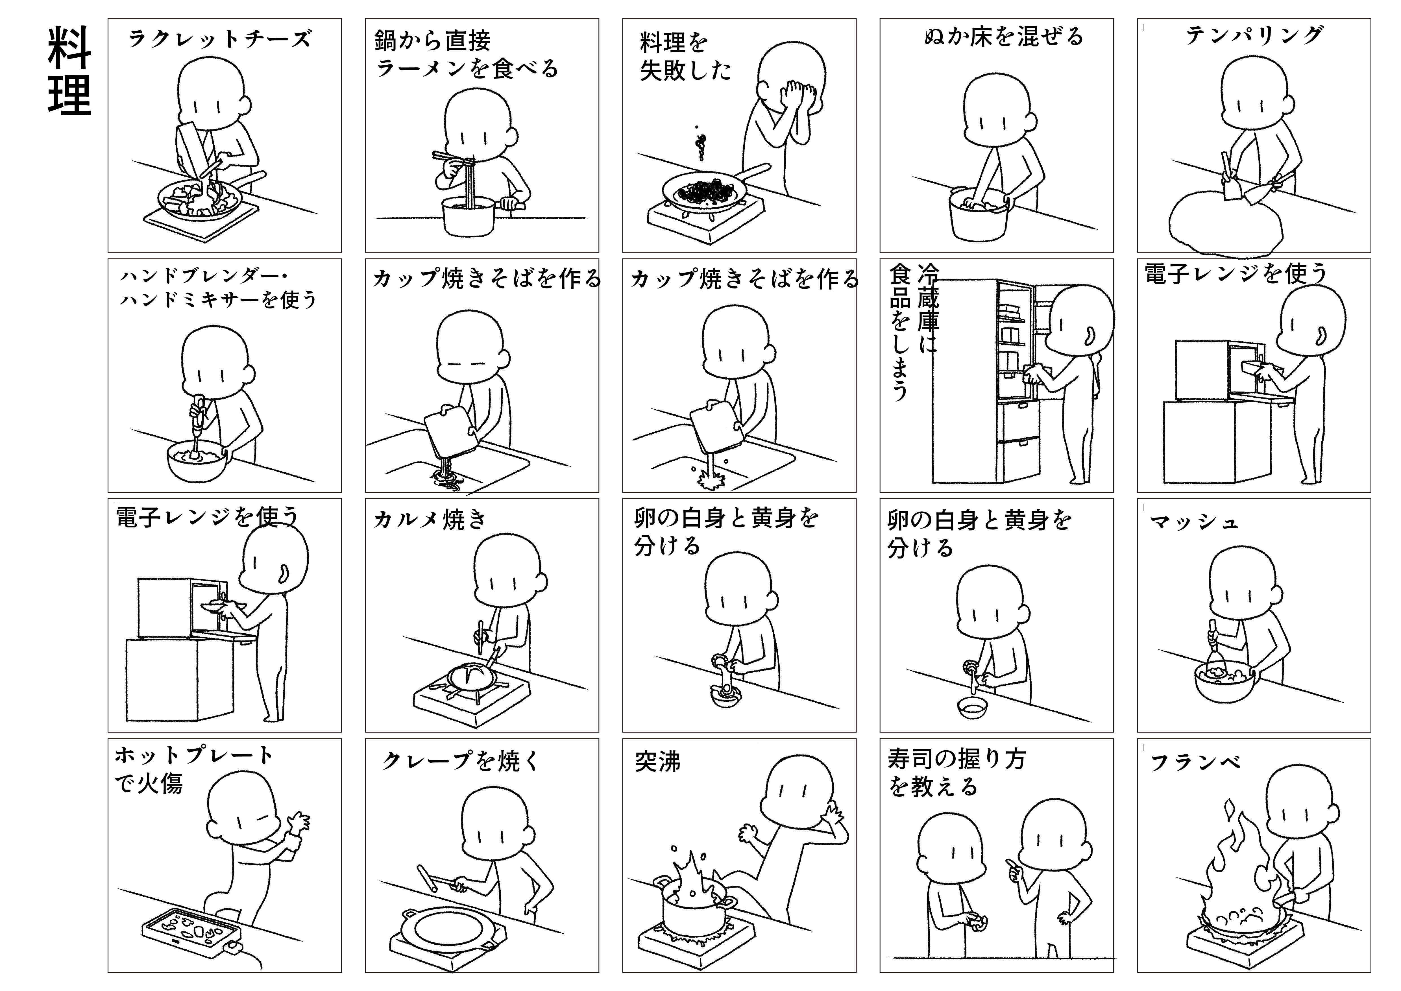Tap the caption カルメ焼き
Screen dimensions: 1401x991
tap(430, 519)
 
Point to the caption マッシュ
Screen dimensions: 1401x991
tap(1193, 522)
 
